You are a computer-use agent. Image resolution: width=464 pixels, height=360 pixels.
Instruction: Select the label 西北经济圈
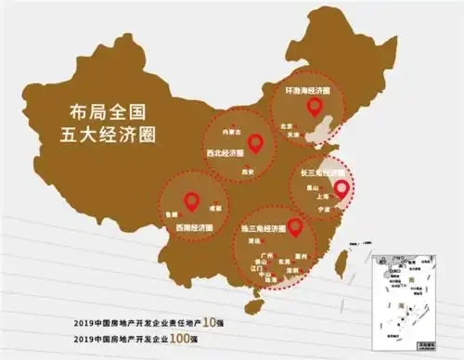coord(222,151)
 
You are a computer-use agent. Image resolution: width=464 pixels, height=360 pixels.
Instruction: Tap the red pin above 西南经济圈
coord(191,199)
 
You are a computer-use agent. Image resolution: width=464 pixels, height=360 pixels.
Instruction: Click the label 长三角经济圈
coord(321,173)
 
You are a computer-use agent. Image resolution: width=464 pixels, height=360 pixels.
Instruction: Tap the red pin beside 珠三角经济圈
coord(295,225)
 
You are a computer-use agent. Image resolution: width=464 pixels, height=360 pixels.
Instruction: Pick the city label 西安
coord(247,172)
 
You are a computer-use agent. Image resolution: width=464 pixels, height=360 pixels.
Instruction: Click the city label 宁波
coord(324,210)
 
